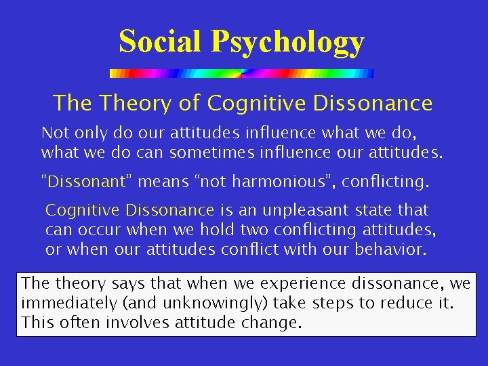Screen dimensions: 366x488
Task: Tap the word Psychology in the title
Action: click(287, 43)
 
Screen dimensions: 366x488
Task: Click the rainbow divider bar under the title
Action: click(241, 73)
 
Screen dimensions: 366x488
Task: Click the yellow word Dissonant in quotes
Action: click(86, 181)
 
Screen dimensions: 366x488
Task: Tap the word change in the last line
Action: click(272, 323)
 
